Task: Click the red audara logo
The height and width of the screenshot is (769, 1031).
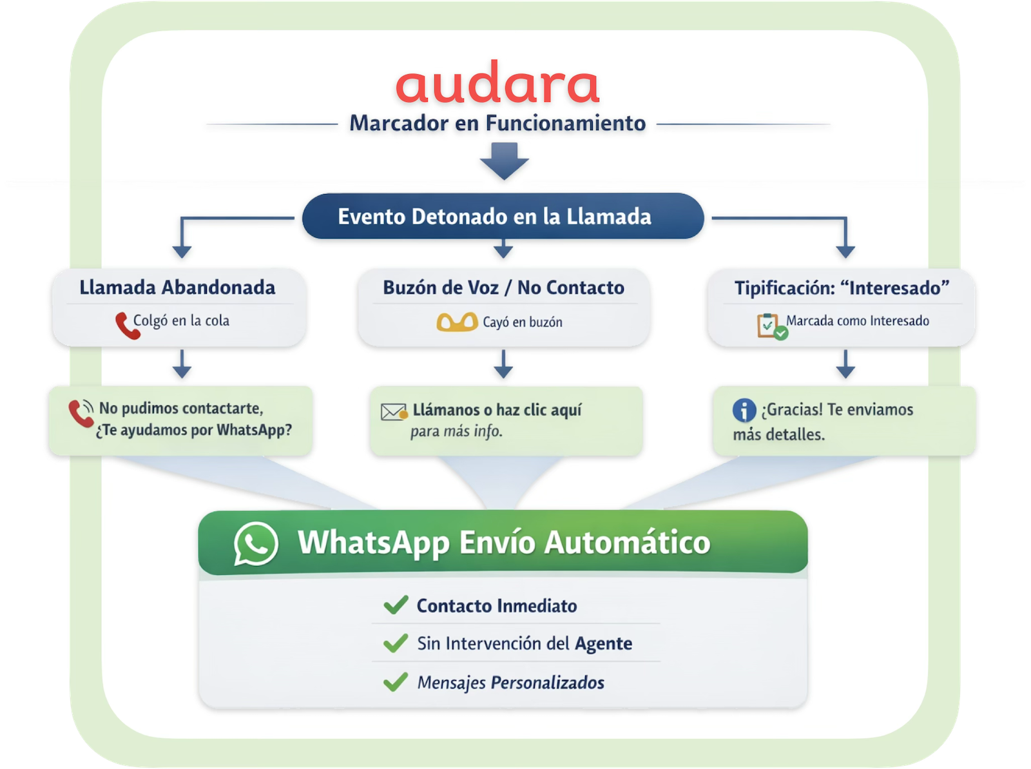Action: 497,84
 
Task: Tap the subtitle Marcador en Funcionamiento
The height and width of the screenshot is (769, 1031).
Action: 497,123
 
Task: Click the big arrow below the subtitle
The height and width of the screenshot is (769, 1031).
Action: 504,161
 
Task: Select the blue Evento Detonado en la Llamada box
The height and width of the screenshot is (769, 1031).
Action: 503,217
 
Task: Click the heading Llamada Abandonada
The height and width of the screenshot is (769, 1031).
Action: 177,287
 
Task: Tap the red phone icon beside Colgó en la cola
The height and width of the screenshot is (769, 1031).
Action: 126,326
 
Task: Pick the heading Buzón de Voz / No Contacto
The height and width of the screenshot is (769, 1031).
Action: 503,287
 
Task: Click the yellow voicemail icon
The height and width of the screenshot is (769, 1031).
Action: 457,322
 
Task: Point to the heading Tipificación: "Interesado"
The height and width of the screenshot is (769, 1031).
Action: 842,287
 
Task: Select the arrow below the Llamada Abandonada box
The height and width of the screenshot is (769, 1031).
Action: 182,364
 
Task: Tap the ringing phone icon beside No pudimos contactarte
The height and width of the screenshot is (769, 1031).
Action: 81,413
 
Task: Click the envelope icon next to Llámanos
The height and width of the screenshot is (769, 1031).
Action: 394,411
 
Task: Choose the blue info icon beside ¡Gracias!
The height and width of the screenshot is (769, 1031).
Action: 744,411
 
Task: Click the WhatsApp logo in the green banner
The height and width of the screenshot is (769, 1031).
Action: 256,543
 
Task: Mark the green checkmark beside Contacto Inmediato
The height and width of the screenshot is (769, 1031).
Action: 395,605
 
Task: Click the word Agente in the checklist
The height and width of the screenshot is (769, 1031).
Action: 603,643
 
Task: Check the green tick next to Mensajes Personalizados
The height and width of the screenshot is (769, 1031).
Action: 395,682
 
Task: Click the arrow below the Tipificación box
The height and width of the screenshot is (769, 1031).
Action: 845,364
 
